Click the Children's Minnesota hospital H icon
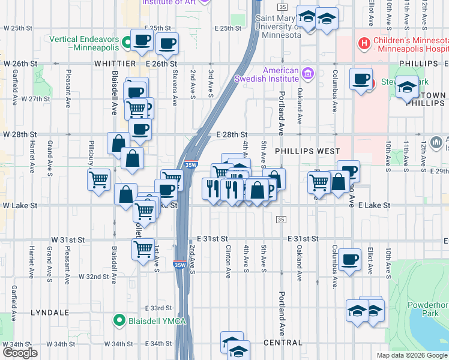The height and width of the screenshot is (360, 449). pos(363,43)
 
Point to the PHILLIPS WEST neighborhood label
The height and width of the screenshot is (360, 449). pos(307,152)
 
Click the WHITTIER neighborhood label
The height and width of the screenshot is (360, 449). pos(115,64)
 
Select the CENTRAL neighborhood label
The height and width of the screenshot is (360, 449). pos(283,343)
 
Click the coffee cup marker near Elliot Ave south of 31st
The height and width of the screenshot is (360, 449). pos(349,259)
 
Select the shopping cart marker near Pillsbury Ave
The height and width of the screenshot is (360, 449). pos(98,178)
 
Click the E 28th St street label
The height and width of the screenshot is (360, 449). pos(232,134)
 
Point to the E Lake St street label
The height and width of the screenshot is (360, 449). pos(374,205)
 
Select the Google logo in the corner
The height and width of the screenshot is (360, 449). pos(20,353)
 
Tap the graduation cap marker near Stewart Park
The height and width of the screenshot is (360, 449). pos(407,88)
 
